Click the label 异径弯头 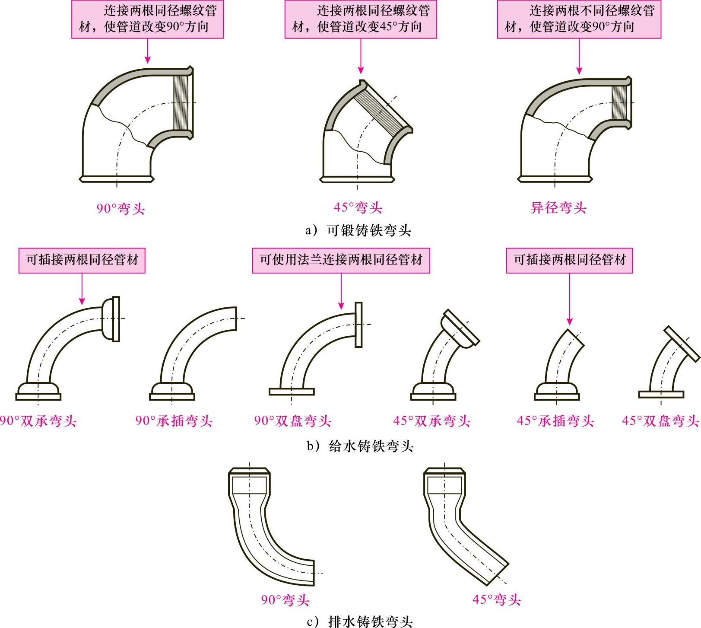(x=558, y=208)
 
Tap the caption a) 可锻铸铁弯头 (x=358, y=230)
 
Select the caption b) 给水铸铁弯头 (x=360, y=446)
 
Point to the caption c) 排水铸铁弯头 (x=359, y=622)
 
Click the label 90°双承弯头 (x=38, y=421)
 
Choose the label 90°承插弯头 (x=174, y=421)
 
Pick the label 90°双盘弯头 (x=292, y=421)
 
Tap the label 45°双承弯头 (x=431, y=421)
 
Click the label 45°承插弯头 (x=555, y=421)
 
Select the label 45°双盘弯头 (x=660, y=421)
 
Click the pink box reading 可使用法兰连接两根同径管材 (x=341, y=260)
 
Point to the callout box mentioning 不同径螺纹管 (x=579, y=19)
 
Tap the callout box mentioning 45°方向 (x=360, y=19)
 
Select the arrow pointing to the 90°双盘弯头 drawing (x=341, y=292)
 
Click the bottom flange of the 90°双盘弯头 (x=292, y=392)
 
